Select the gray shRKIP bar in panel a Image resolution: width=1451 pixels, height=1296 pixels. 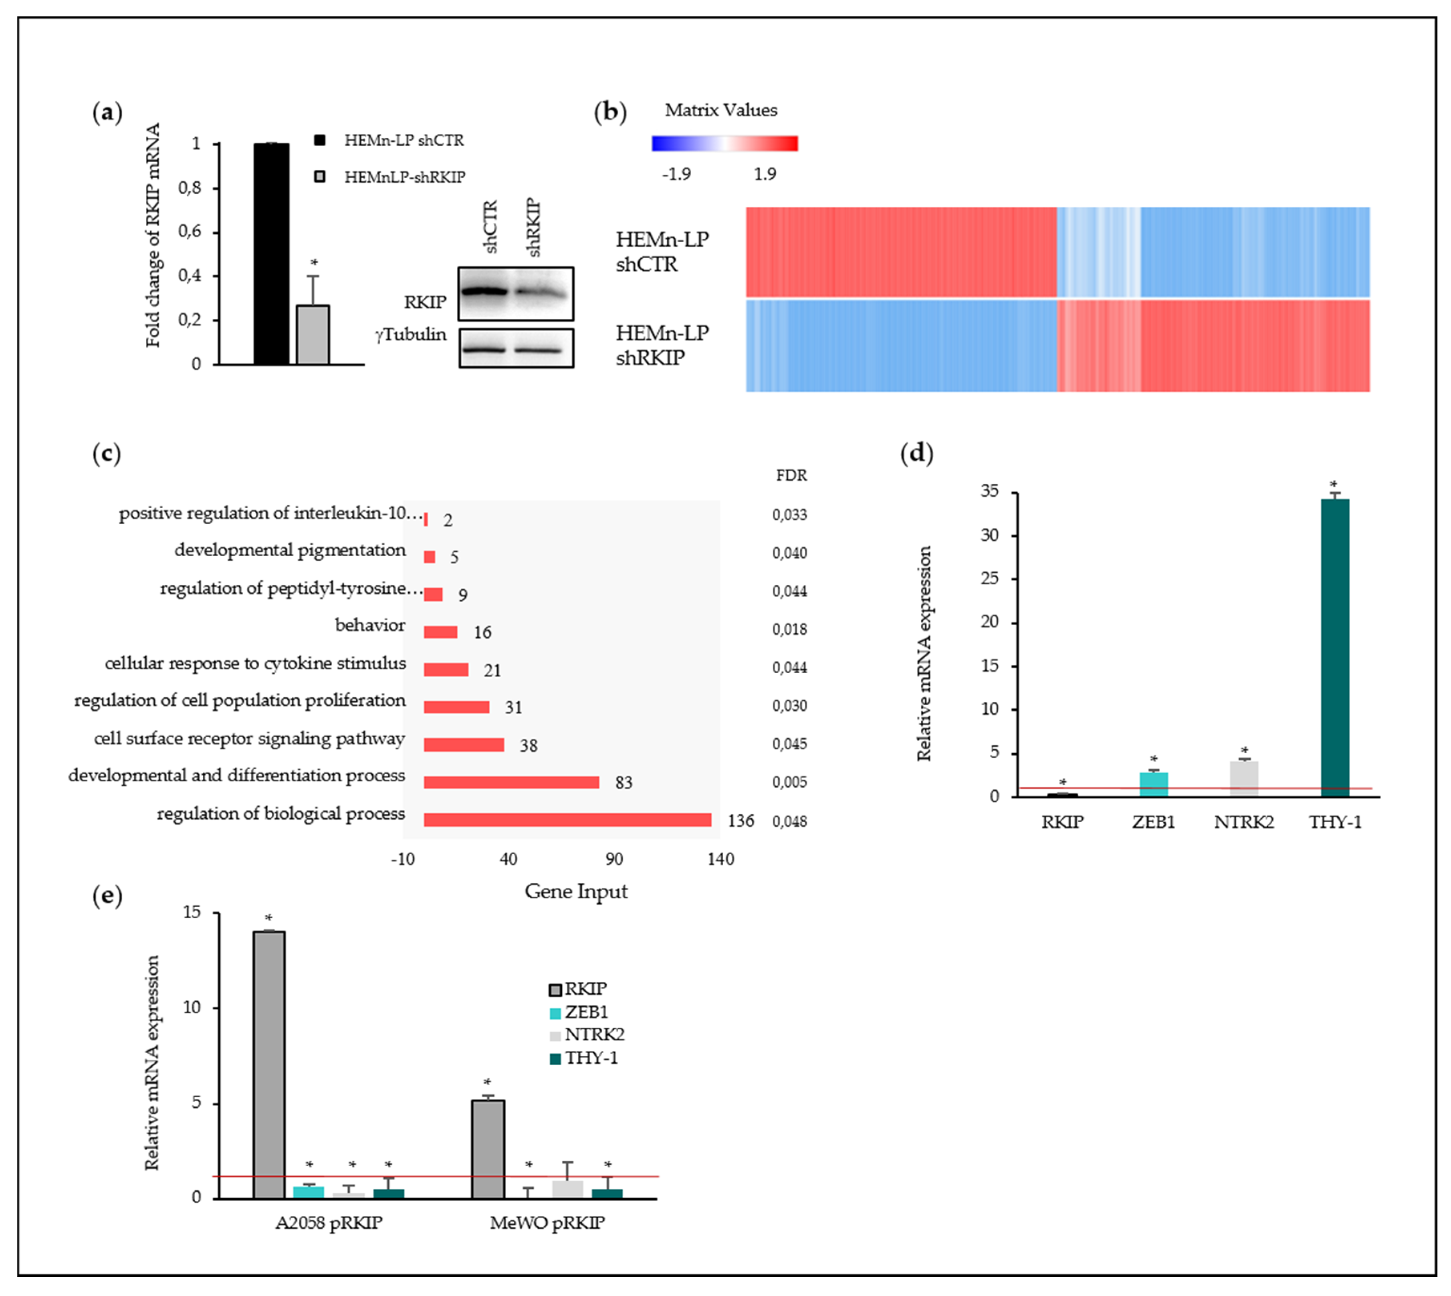point(313,335)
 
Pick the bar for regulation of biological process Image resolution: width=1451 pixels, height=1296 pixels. point(567,820)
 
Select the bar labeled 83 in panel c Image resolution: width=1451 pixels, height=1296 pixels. point(511,782)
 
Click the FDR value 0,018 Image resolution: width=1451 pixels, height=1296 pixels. point(789,630)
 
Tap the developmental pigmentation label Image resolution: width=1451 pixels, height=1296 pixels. point(290,550)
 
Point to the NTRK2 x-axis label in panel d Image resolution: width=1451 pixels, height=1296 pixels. point(1244,823)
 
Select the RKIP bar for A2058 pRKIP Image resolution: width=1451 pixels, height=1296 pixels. point(268,1065)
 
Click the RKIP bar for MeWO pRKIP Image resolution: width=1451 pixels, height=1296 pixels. point(488,1149)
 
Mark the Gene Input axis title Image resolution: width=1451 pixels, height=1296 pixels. point(575,892)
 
